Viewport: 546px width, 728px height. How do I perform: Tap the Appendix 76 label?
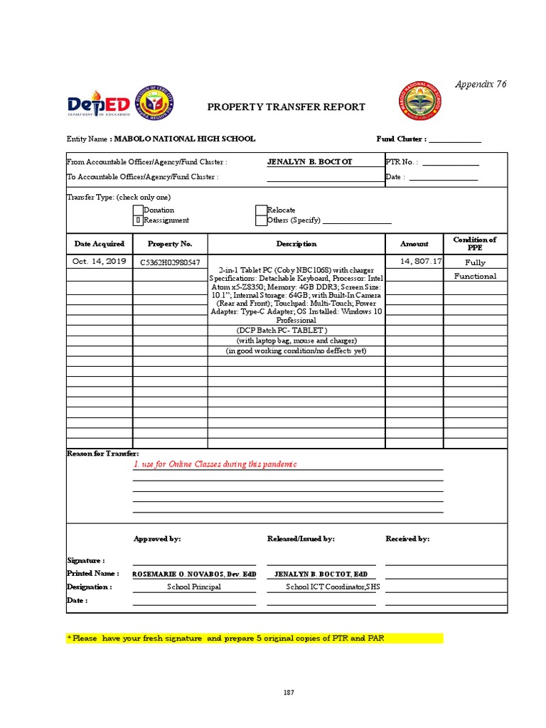tap(482, 84)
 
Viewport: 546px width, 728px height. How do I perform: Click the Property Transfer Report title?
tap(286, 107)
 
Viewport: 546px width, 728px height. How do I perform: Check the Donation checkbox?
tap(138, 210)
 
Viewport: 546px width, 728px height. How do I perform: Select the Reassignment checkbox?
tap(138, 220)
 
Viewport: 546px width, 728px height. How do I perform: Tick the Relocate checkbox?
tap(261, 210)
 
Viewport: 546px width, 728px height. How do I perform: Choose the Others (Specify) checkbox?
tap(261, 220)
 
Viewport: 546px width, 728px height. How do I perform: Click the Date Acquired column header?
tap(100, 244)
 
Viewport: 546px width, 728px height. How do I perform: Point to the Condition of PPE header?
tap(474, 244)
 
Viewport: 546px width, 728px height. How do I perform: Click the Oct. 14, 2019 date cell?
tap(100, 262)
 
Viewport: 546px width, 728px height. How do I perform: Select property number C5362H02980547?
tap(170, 262)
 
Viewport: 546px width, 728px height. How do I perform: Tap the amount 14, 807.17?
tap(421, 262)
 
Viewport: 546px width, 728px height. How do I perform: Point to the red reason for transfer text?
tap(215, 464)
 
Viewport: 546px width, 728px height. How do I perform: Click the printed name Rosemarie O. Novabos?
tap(194, 573)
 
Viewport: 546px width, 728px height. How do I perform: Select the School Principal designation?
tap(194, 587)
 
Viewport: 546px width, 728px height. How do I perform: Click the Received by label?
tap(407, 539)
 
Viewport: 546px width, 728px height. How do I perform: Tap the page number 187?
tap(288, 692)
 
